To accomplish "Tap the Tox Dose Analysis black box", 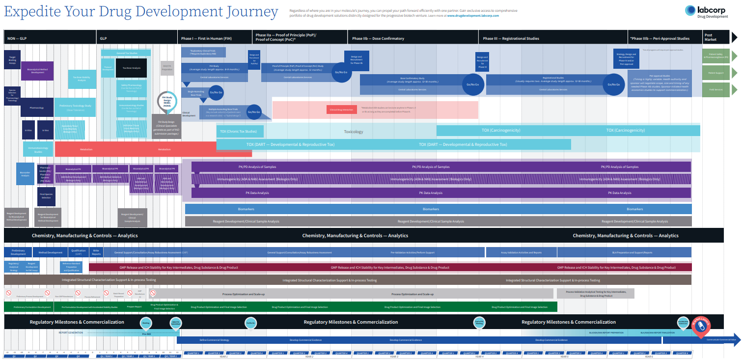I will click(131, 68).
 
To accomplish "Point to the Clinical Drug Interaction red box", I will click(342, 110).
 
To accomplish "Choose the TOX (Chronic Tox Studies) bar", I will click(240, 131).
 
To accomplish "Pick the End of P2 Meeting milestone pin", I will click(479, 323).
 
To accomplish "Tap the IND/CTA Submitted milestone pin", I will click(175, 323).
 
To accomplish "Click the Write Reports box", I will click(96, 252).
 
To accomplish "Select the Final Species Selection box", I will click(46, 196).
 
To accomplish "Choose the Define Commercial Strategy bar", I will click(215, 340).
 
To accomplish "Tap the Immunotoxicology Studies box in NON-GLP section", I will click(38, 149).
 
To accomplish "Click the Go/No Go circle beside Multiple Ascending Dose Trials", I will click(254, 112).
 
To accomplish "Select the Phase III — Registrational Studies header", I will click(511, 38).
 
